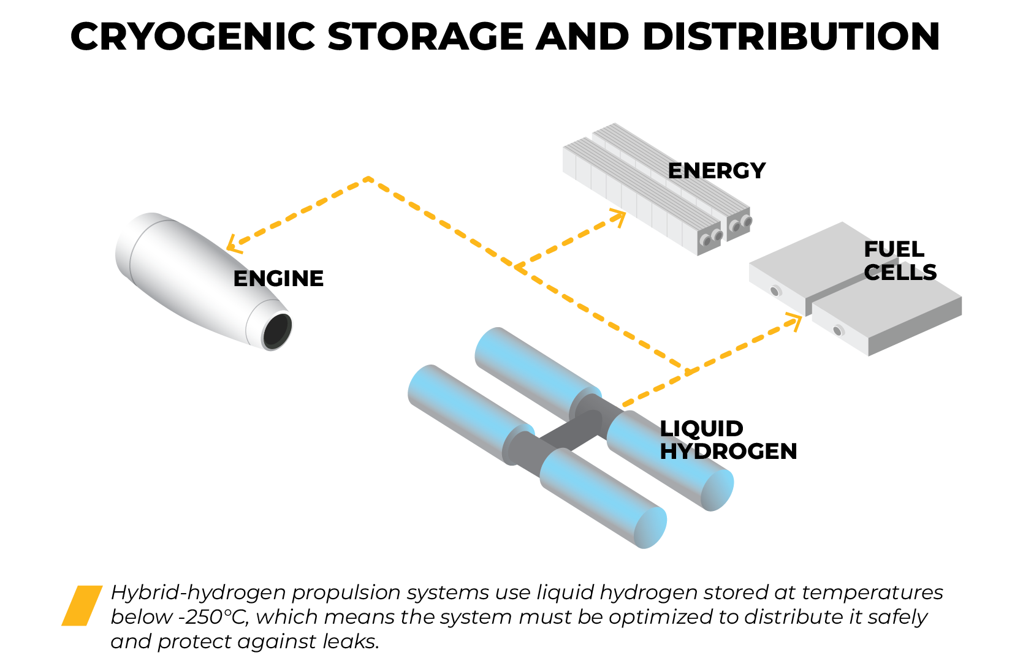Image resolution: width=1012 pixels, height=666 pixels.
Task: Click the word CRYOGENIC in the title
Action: pyautogui.click(x=192, y=37)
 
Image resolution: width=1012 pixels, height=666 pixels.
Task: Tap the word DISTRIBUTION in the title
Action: pyautogui.click(x=791, y=37)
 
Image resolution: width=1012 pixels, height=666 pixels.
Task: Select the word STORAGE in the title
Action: pyautogui.click(x=425, y=37)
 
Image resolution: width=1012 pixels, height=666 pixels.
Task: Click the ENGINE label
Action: pyautogui.click(x=278, y=279)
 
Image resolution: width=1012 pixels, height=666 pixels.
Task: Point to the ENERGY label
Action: pyautogui.click(x=717, y=171)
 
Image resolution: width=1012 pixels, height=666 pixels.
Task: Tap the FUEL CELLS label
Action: pyautogui.click(x=900, y=261)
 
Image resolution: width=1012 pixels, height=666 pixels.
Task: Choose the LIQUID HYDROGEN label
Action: pyautogui.click(x=728, y=440)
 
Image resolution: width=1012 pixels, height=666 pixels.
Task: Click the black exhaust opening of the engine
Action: pyautogui.click(x=277, y=330)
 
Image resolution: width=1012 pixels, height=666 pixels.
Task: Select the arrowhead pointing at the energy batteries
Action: pyautogui.click(x=619, y=215)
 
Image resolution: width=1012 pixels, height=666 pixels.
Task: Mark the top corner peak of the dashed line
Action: pyautogui.click(x=368, y=179)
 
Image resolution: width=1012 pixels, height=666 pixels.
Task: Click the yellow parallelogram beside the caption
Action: pyautogui.click(x=82, y=605)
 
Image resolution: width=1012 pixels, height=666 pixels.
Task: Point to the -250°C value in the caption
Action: pyautogui.click(x=216, y=617)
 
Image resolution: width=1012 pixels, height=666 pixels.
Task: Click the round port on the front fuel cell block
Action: pyautogui.click(x=838, y=331)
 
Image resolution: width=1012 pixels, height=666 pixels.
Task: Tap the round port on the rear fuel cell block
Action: pyautogui.click(x=775, y=291)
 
